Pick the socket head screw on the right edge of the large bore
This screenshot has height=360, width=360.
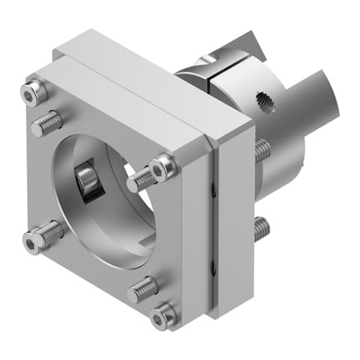(x=163, y=167)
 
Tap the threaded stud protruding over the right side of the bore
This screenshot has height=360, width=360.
(x=142, y=178)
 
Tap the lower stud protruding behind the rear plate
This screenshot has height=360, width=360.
(x=262, y=229)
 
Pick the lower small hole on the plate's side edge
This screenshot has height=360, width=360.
(x=213, y=279)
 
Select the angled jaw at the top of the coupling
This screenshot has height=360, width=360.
(x=244, y=44)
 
